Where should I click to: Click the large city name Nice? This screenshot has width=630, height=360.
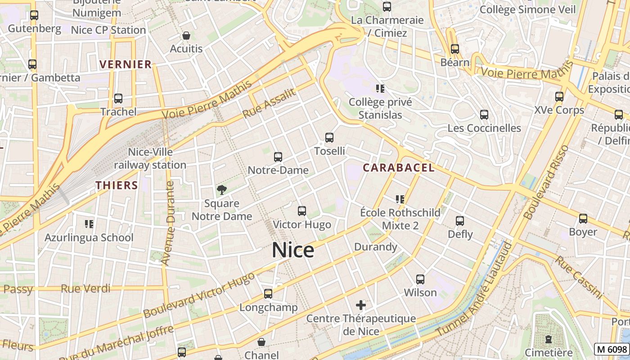click(x=293, y=250)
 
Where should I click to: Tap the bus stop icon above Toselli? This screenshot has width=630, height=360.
click(x=329, y=138)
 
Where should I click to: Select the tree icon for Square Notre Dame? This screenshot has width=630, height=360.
click(x=221, y=190)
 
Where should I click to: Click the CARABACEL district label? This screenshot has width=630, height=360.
click(x=399, y=168)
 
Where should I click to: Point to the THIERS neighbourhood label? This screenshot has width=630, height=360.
click(x=117, y=185)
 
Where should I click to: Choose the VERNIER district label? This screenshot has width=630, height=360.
click(x=126, y=64)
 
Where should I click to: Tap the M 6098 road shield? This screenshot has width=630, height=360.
click(x=612, y=349)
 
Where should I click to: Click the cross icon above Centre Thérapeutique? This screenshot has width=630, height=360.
click(x=360, y=306)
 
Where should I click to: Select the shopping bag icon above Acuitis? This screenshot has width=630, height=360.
click(x=186, y=36)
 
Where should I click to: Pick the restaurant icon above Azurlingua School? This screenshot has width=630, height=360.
click(x=89, y=224)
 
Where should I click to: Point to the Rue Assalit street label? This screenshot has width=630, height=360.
click(x=270, y=103)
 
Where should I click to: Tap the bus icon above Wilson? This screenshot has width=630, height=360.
click(x=420, y=279)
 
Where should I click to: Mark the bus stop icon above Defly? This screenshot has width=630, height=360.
click(x=459, y=221)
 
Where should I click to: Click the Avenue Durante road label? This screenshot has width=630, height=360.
click(x=167, y=223)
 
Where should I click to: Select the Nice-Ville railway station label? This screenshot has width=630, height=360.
click(x=150, y=158)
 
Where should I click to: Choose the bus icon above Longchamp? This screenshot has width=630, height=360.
click(x=268, y=294)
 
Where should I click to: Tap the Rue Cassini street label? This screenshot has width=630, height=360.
click(x=579, y=277)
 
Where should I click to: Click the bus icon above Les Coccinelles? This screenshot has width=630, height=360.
click(x=484, y=115)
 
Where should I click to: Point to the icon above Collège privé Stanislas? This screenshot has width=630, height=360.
click(x=380, y=89)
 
